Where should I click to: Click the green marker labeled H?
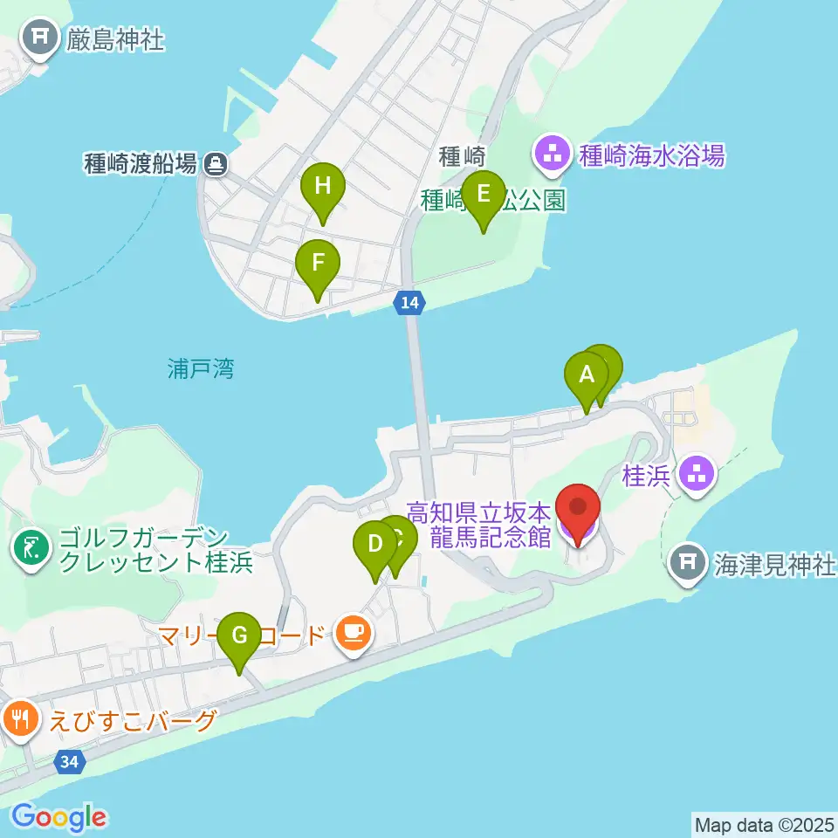pos(323,186)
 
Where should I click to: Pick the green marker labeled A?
pos(587,375)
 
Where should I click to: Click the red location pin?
pos(579,508)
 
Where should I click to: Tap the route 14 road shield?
pos(409,303)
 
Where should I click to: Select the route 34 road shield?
pos(70,762)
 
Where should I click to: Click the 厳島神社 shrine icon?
pos(40,38)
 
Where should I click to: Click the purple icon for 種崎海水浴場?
pos(552,156)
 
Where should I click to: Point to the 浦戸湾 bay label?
pos(201,369)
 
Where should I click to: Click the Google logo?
pos(58,817)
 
